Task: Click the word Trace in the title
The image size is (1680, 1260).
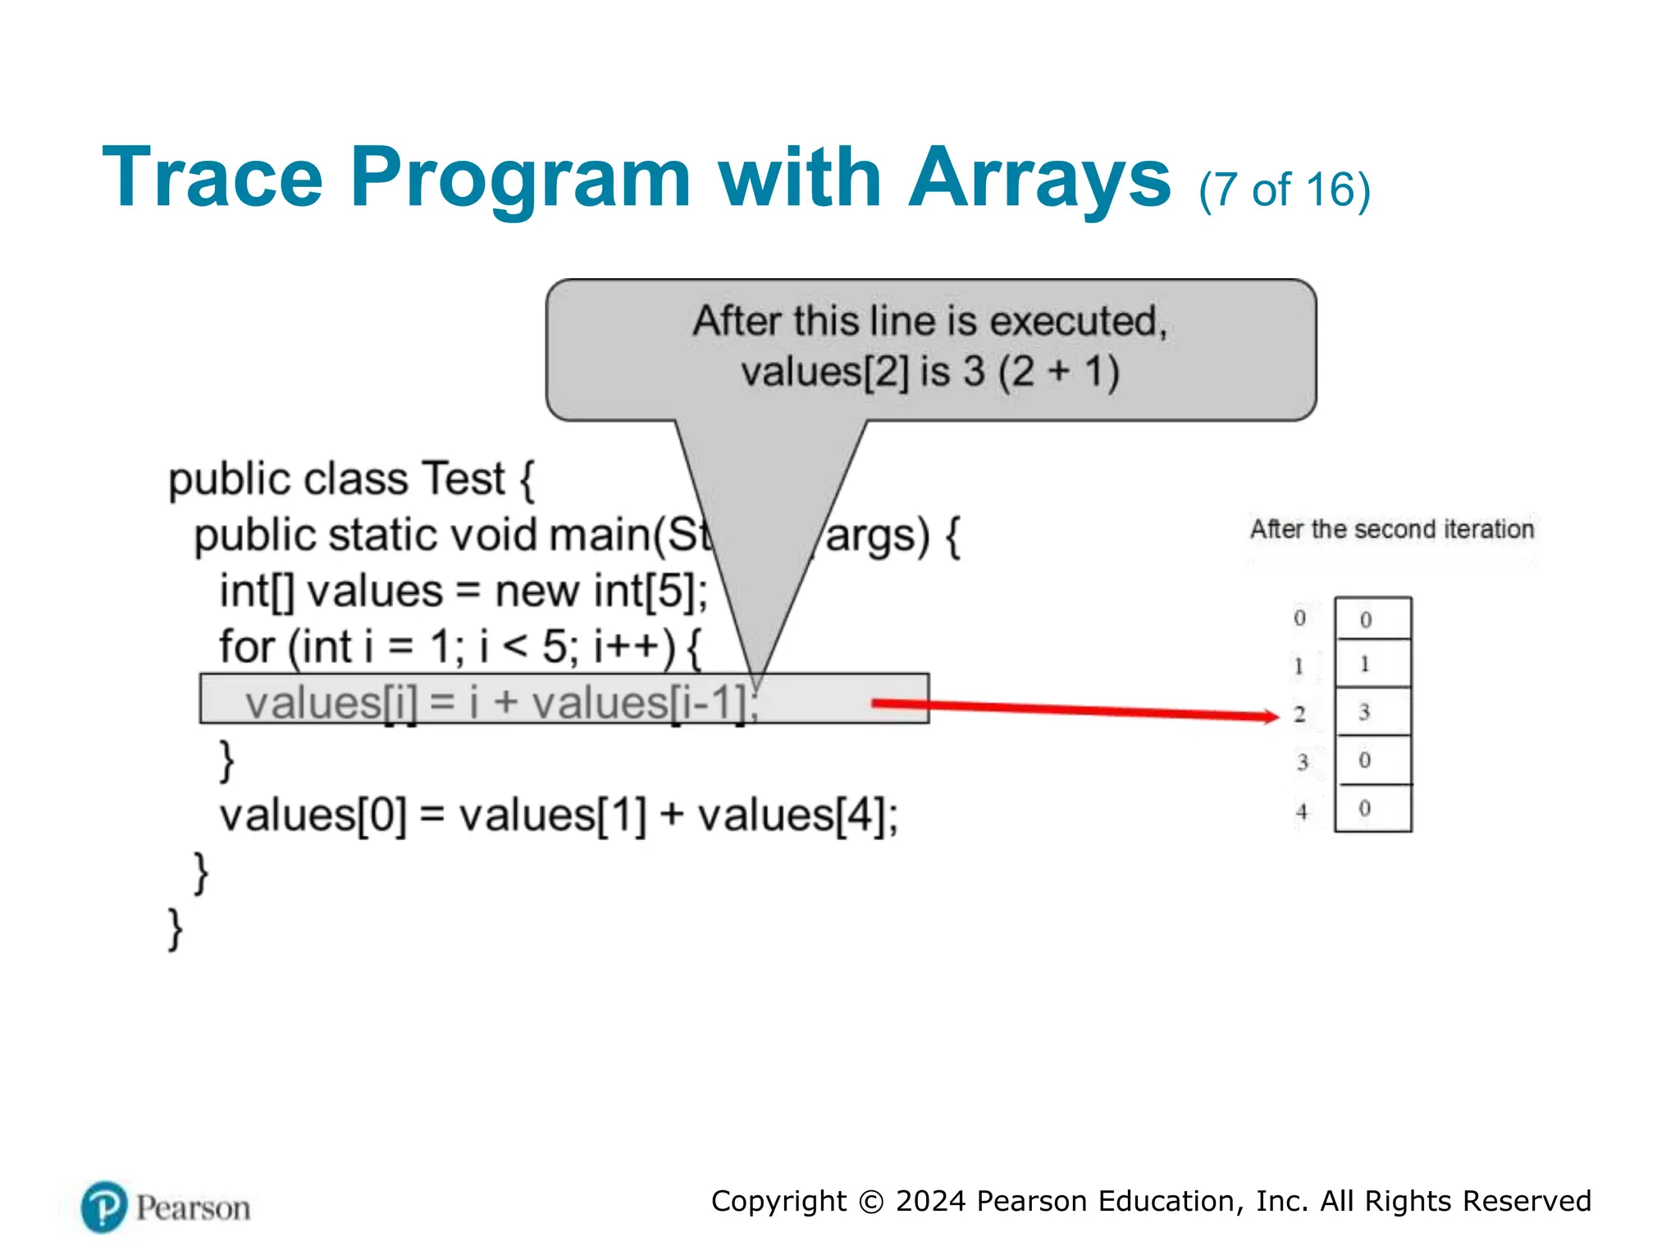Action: (212, 177)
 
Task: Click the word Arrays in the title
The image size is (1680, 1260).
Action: (1039, 177)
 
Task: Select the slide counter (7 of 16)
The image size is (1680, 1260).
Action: (1284, 190)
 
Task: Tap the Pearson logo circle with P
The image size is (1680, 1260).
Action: (104, 1207)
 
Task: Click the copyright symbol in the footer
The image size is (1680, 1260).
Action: (870, 1202)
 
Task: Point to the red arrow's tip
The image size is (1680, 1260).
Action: (1276, 717)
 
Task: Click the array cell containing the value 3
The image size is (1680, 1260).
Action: (1372, 711)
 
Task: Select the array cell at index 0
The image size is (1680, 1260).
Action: (1372, 619)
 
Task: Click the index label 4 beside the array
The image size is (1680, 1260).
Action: (1301, 811)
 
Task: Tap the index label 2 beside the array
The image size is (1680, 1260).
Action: (1299, 714)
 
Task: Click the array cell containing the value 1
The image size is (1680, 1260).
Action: (1372, 664)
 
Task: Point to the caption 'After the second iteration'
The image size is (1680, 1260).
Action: (1391, 529)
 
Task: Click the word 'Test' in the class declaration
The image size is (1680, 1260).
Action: (463, 479)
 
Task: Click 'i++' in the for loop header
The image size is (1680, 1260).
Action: (633, 646)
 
